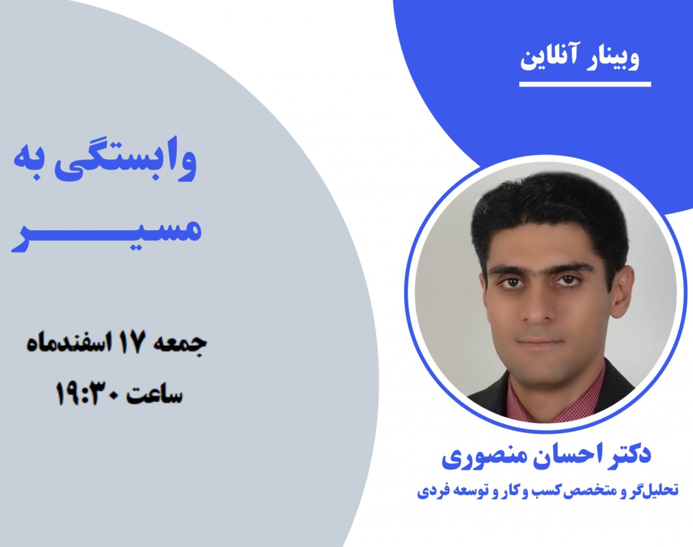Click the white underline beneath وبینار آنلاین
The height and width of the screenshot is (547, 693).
(x=584, y=84)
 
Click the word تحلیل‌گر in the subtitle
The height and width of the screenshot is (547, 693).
(x=653, y=492)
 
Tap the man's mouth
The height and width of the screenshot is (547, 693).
(x=539, y=342)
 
